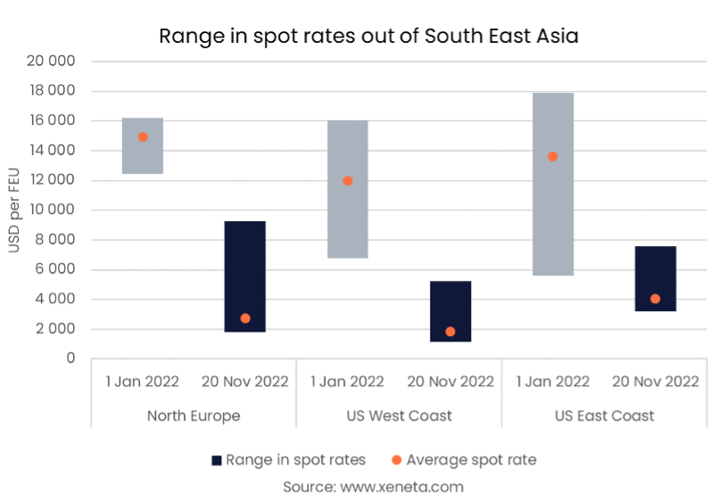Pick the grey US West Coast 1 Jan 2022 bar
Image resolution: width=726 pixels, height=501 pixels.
click(x=348, y=223)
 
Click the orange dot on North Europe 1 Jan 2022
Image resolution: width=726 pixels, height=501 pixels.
click(x=143, y=137)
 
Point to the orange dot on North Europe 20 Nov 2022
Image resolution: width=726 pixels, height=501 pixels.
click(x=245, y=318)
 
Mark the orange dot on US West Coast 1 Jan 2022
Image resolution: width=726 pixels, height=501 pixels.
click(x=348, y=181)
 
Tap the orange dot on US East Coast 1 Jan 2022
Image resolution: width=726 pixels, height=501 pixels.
click(x=553, y=157)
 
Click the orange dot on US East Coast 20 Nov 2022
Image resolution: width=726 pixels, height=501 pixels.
click(x=656, y=299)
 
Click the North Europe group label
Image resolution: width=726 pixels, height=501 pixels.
click(x=194, y=415)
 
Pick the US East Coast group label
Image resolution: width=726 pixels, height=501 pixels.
click(x=604, y=415)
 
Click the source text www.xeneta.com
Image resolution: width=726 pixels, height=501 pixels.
click(x=373, y=487)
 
